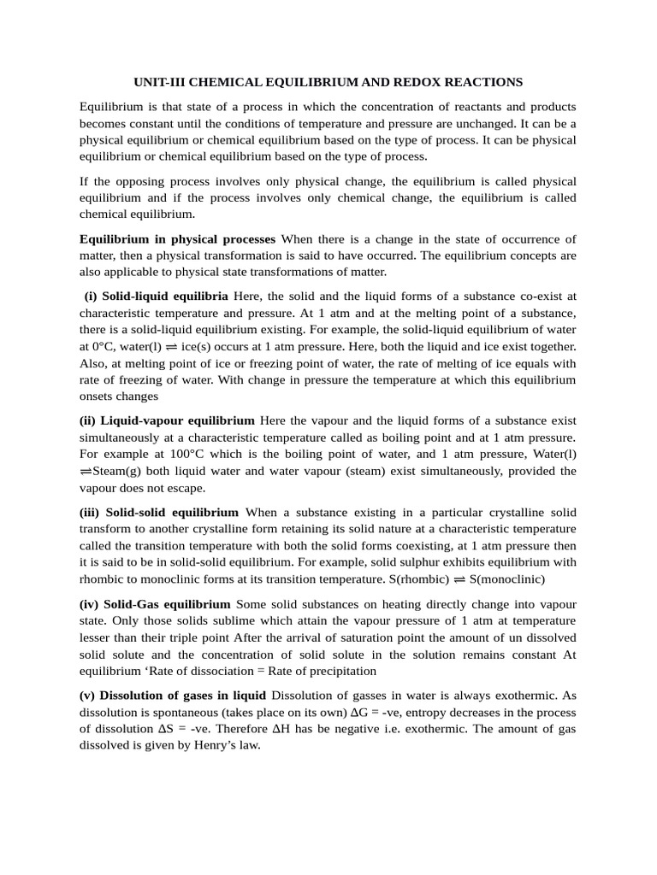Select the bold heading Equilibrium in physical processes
(177, 238)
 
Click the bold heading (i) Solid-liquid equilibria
(156, 296)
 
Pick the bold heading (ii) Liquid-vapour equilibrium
(167, 420)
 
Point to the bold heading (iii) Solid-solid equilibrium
(159, 512)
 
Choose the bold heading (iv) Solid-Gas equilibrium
(155, 603)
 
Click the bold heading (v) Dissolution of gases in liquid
(173, 695)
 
